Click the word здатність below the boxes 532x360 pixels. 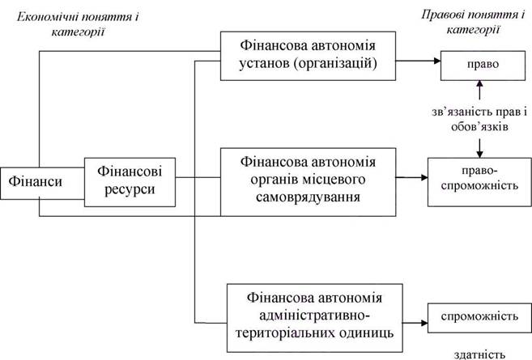click(479, 354)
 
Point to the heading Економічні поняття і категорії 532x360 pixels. click(78, 24)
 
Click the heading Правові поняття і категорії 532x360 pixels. click(473, 22)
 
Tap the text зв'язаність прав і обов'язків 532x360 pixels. click(479, 119)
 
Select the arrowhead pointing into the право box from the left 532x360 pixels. click(437, 61)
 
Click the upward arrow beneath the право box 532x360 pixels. click(479, 90)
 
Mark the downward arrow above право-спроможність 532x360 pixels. click(479, 148)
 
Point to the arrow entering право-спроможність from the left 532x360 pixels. click(411, 177)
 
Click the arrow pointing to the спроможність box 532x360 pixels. click(415, 323)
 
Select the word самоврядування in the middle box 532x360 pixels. click(308, 197)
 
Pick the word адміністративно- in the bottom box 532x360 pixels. click(315, 316)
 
